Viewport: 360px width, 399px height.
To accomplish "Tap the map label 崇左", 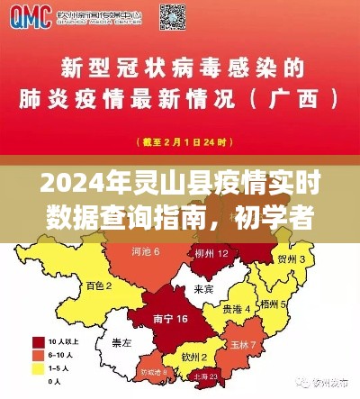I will pos(121,343).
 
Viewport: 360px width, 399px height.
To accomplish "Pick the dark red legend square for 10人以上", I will pos(39,342).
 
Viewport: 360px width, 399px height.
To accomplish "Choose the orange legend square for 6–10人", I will pos(39,355).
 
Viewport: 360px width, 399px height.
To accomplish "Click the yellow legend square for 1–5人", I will pos(39,367).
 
